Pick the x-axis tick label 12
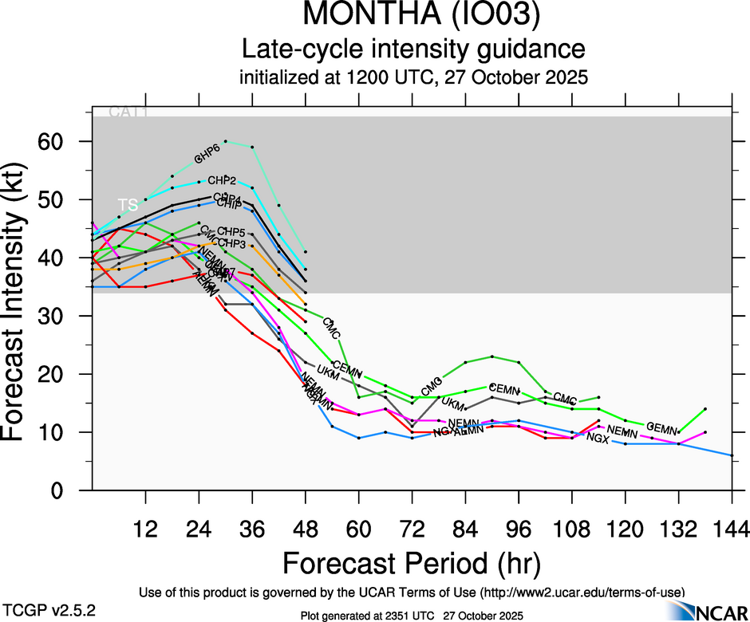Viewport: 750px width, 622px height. (x=145, y=529)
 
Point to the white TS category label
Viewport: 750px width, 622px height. (x=128, y=204)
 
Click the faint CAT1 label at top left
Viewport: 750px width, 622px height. (x=128, y=112)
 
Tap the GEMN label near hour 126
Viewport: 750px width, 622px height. (x=661, y=427)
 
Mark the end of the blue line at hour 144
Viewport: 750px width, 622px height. (x=731, y=455)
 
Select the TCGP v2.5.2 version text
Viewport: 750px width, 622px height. (x=49, y=610)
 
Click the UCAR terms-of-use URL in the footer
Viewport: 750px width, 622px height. (x=582, y=592)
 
